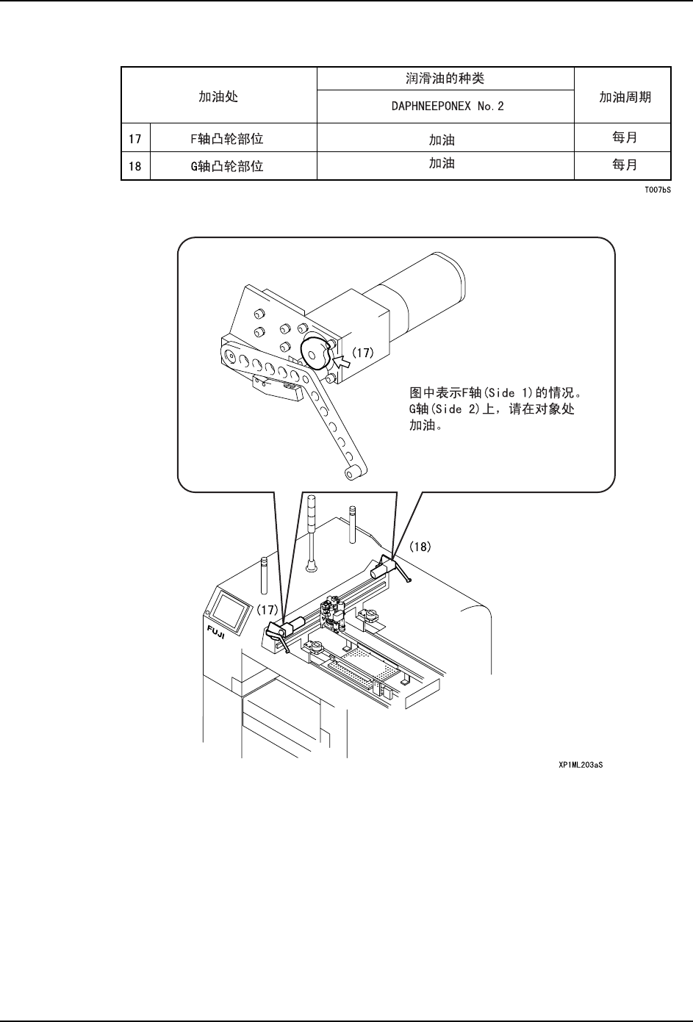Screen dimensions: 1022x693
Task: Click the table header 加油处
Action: tap(218, 96)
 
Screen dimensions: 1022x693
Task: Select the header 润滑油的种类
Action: tap(445, 78)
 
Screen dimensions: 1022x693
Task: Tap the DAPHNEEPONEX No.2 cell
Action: tap(445, 107)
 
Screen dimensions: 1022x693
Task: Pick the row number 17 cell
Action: tap(135, 138)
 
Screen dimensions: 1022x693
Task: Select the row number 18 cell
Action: tap(135, 166)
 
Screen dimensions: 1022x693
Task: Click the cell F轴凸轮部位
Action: tap(232, 138)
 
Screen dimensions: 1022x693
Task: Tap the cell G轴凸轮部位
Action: tap(232, 166)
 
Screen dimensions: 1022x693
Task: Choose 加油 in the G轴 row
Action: tap(442, 164)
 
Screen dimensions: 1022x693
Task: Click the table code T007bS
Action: tap(658, 190)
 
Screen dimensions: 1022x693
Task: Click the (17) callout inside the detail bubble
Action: tap(362, 353)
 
